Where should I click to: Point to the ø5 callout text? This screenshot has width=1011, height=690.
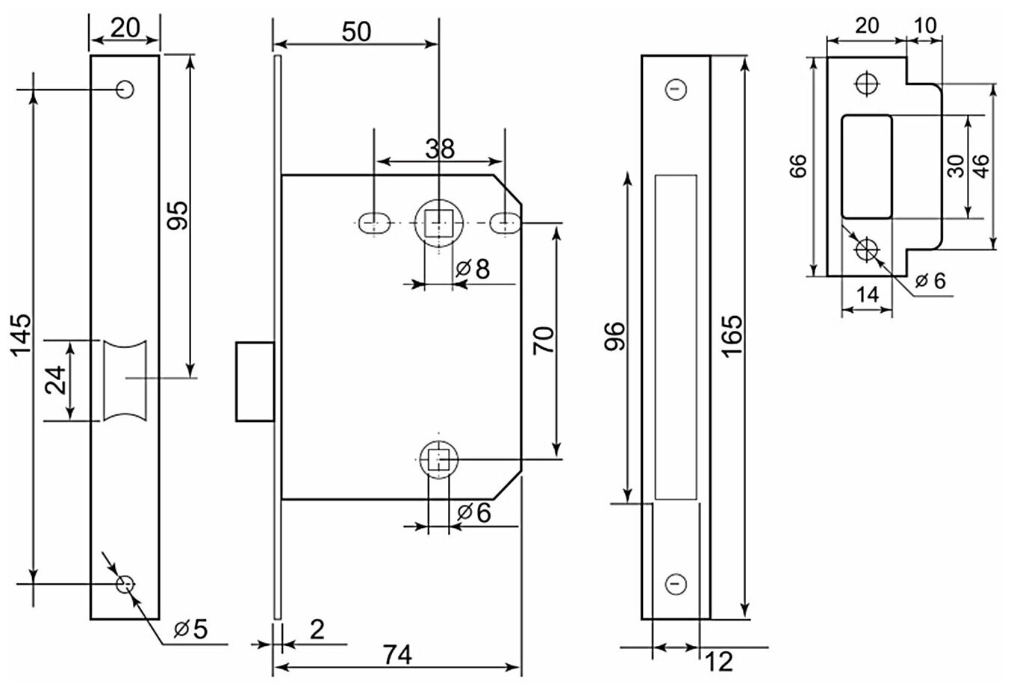pyautogui.click(x=189, y=630)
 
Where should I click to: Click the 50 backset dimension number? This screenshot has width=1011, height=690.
pyautogui.click(x=355, y=31)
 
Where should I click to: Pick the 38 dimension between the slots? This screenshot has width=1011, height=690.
pyautogui.click(x=439, y=149)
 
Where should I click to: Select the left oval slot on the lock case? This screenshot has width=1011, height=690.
pyautogui.click(x=373, y=223)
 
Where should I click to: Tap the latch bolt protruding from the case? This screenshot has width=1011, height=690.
pyautogui.click(x=254, y=381)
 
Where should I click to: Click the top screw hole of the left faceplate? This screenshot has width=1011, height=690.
pyautogui.click(x=125, y=90)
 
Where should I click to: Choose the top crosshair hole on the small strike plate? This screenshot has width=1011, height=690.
pyautogui.click(x=868, y=83)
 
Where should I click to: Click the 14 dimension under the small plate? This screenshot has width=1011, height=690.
pyautogui.click(x=866, y=295)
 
